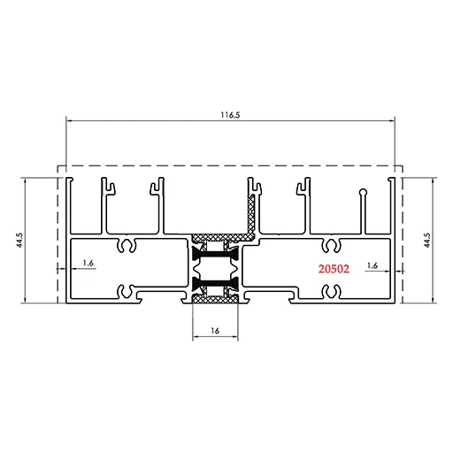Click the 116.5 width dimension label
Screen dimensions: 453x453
coord(231,115)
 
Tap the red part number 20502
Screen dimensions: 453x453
coord(334,269)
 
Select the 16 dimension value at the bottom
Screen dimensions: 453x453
coord(215,331)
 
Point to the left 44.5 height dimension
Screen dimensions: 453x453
coord(19,240)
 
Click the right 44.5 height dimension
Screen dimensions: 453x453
coord(426,240)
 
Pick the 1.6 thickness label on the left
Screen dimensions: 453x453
coord(88,263)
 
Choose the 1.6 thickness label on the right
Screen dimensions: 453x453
coord(372,265)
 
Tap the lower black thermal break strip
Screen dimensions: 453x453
coord(215,283)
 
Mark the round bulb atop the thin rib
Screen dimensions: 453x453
coord(364,192)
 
